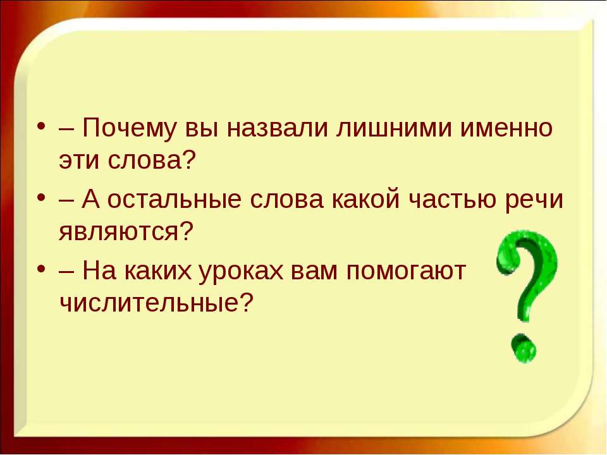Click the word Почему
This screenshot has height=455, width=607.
coord(128,128)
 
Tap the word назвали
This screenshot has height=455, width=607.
coord(277,128)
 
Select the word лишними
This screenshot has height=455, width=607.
coord(394,128)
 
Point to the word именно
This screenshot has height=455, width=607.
coord(506,128)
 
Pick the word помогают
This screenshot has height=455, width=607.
coord(406,271)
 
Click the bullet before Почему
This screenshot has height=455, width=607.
coord(42,127)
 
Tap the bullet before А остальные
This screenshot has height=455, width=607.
coord(42,198)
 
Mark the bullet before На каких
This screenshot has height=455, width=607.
coord(42,269)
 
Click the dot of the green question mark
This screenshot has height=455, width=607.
coord(524,348)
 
